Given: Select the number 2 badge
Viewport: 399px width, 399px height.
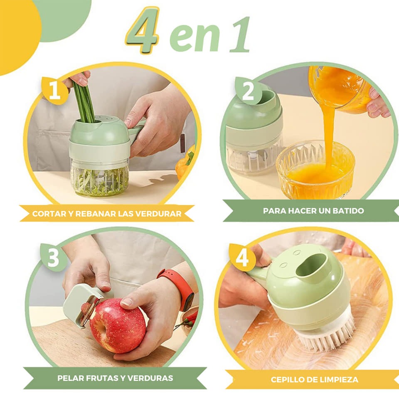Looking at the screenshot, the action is (x=248, y=91).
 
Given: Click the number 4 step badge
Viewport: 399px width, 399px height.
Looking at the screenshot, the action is (x=242, y=258).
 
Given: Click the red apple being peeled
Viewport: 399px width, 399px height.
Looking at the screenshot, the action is (x=117, y=326).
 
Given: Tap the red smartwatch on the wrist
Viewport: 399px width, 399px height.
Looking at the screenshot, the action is (x=180, y=288).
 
